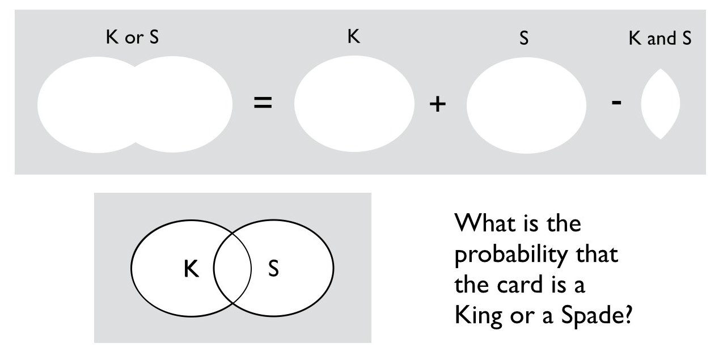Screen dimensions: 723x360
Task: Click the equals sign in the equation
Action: point(262,104)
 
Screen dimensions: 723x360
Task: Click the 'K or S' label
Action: point(133,39)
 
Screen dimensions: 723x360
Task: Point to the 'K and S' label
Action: point(660,39)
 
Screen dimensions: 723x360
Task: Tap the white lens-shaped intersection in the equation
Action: point(661,104)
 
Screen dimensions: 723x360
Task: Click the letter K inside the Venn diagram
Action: point(191,269)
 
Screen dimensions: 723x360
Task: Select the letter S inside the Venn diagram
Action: point(273,269)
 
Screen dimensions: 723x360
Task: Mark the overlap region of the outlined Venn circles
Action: point(232,268)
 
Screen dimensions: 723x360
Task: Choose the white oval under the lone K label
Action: point(354,104)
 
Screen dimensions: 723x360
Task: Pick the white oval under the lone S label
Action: point(526,104)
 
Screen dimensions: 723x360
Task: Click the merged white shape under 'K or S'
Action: point(134,104)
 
